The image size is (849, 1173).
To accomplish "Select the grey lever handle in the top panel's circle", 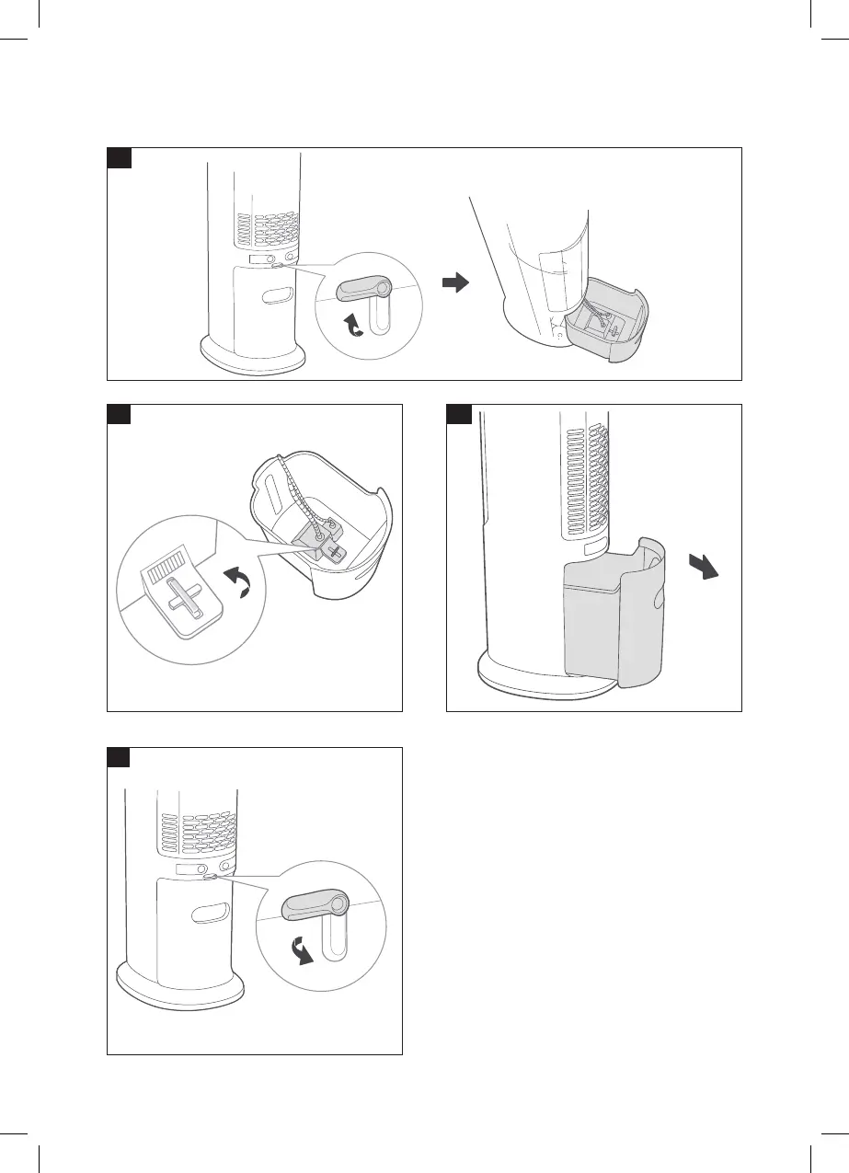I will [363, 290].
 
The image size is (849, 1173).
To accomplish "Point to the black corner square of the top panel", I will [120, 158].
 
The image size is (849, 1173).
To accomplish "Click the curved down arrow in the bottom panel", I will [301, 953].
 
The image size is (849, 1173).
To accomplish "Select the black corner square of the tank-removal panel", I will [458, 415].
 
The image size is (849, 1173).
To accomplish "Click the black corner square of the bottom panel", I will [120, 758].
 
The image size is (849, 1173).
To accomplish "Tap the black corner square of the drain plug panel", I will [120, 415].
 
